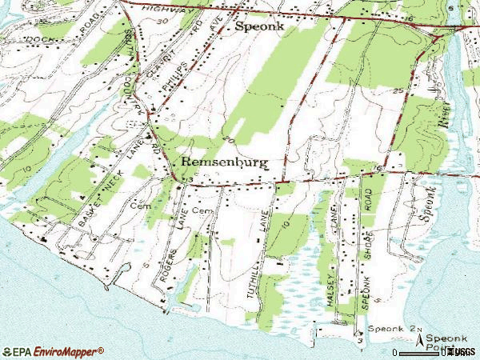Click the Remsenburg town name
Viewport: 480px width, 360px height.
pos(223,162)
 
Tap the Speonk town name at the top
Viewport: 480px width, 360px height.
pos(260,26)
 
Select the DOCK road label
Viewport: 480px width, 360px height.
pos(39,38)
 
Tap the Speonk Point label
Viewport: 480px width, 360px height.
pos(442,340)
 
